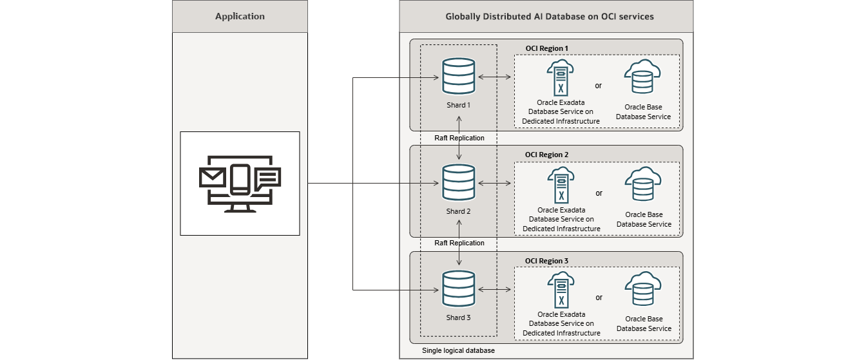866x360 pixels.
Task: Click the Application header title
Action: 240,16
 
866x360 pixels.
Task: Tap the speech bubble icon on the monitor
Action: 267,178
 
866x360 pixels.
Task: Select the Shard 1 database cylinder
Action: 459,76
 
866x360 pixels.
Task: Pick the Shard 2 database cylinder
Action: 459,183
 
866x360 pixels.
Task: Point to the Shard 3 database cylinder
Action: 459,289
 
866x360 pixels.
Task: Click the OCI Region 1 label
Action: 546,48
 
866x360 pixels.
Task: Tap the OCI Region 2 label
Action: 546,155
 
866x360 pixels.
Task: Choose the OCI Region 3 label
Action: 546,261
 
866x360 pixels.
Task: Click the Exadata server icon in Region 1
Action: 561,78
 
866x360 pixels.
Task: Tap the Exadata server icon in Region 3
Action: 561,290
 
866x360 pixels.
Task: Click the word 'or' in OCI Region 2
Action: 599,193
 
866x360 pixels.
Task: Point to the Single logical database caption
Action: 458,350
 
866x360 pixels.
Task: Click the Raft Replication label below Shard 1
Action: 459,138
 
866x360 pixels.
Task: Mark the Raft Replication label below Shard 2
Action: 459,243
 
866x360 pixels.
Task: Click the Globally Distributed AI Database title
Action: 550,16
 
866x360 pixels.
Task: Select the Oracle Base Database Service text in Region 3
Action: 644,324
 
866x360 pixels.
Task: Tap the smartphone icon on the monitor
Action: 240,180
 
